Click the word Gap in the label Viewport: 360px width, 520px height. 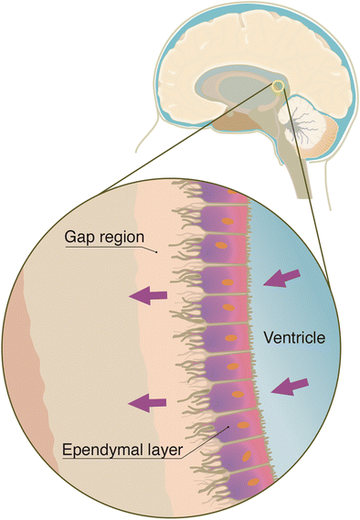coord(78,236)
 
